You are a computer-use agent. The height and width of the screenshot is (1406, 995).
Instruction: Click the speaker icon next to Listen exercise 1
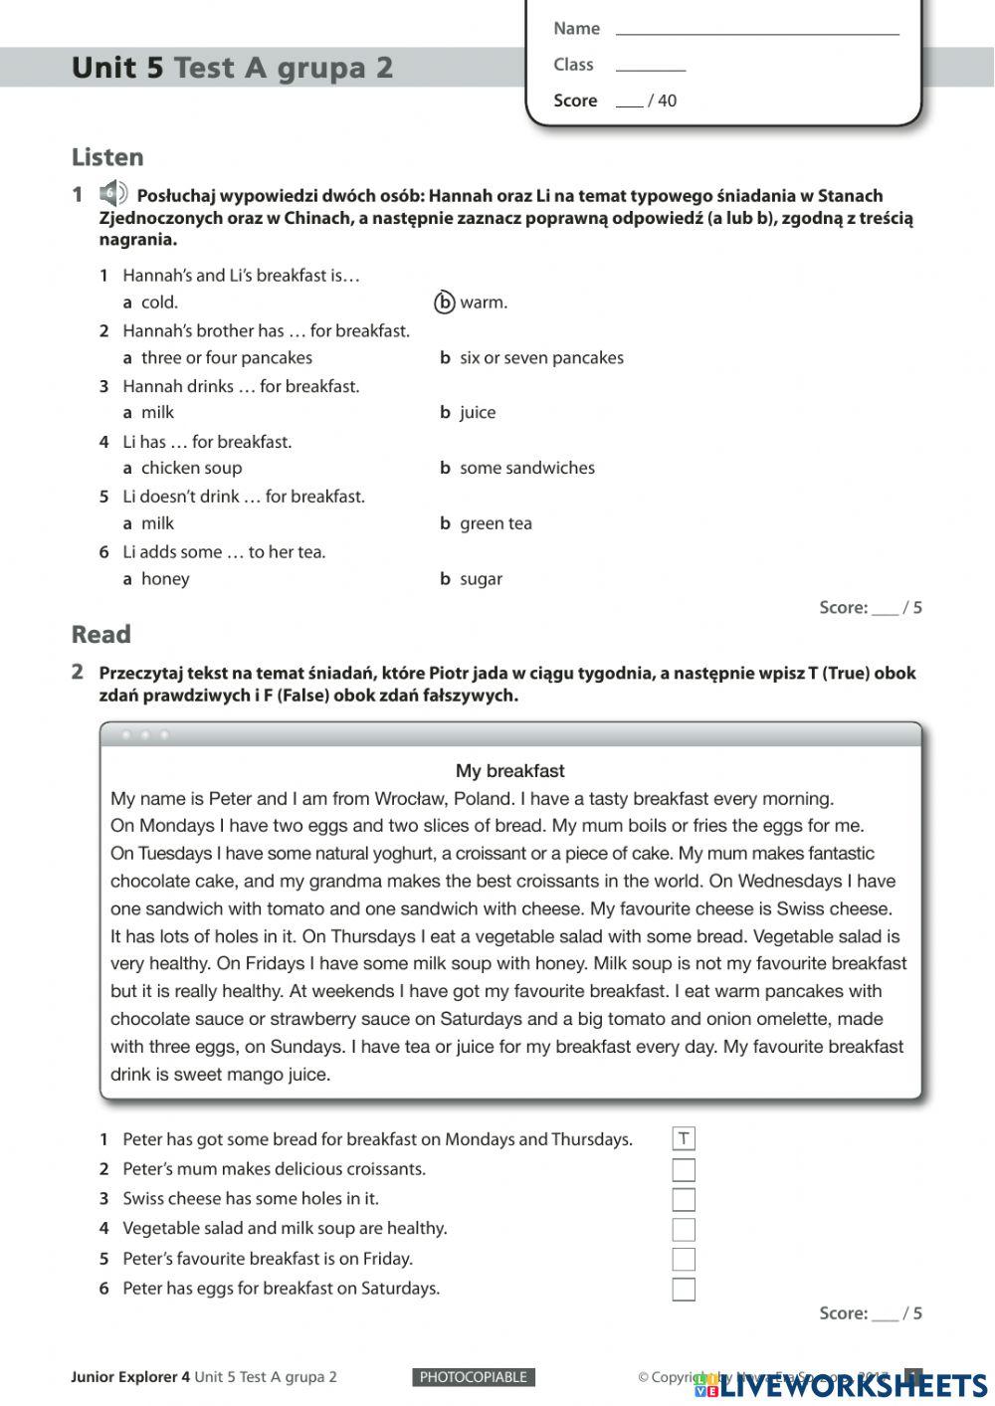coord(113,193)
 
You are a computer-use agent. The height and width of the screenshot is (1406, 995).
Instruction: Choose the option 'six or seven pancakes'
coord(540,357)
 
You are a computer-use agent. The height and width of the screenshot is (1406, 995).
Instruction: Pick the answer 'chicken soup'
coord(190,468)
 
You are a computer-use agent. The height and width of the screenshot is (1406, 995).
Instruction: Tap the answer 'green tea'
coord(495,523)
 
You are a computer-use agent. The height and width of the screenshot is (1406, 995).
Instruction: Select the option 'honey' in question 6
coord(164,579)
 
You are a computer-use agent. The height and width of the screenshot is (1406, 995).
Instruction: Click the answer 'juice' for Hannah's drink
coord(477,412)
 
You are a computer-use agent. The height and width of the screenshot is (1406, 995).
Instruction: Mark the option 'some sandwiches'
coord(526,468)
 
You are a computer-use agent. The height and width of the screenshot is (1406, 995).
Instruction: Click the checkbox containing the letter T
coord(684,1139)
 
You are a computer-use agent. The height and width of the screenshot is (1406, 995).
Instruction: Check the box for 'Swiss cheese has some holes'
coord(684,1199)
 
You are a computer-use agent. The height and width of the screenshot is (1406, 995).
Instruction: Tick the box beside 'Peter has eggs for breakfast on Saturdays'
coord(684,1290)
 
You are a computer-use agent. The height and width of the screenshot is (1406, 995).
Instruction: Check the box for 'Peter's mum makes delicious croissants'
coord(684,1169)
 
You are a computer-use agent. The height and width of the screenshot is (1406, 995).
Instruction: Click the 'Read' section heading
coord(100,634)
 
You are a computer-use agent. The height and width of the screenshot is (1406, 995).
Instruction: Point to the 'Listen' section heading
coord(107,157)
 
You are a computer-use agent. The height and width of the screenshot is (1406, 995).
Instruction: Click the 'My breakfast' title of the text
coord(509,770)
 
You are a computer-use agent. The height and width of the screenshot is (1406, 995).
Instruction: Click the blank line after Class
coord(651,65)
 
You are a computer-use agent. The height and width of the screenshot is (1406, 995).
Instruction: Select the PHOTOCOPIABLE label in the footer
coord(474,1377)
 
